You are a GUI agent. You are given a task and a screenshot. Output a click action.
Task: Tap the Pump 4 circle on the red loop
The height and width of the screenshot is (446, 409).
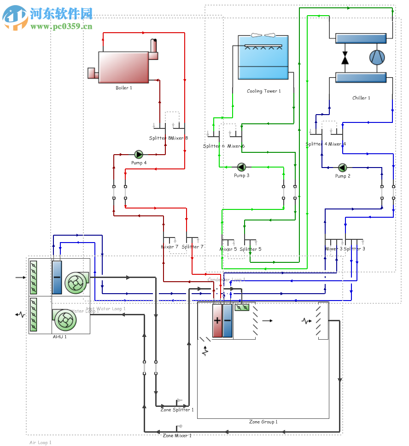[x=138, y=154]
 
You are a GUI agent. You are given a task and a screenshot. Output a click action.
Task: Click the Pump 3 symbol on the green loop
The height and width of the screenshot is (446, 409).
[x=241, y=167]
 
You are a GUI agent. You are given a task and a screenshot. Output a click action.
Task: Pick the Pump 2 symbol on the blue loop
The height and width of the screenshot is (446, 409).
[x=342, y=168]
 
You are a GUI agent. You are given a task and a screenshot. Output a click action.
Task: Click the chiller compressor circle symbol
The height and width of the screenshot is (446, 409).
[x=377, y=58]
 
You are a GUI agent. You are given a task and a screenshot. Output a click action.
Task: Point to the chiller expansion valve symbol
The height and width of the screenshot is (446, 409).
[x=345, y=58]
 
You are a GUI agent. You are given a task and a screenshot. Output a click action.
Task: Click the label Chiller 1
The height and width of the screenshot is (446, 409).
[x=361, y=98]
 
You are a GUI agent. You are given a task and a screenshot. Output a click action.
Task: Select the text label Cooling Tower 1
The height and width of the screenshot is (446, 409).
[x=263, y=91]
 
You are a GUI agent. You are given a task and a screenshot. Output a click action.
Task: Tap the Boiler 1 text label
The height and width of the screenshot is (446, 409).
[x=123, y=88]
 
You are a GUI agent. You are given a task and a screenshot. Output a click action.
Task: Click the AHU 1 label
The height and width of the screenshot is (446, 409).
[x=59, y=336]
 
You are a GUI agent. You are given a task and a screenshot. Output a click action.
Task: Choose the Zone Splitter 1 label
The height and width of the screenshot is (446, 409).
[x=177, y=410]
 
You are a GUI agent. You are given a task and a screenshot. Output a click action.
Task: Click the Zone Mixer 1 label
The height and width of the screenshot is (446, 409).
[x=177, y=435]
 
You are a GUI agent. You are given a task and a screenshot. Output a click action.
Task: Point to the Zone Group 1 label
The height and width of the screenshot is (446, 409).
[x=263, y=422]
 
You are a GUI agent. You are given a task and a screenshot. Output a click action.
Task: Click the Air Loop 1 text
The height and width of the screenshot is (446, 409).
[x=41, y=443]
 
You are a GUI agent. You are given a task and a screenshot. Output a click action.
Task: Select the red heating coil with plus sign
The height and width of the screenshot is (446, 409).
[x=217, y=321]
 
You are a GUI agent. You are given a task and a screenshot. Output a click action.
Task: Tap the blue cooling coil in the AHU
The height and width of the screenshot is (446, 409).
[x=57, y=278]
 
